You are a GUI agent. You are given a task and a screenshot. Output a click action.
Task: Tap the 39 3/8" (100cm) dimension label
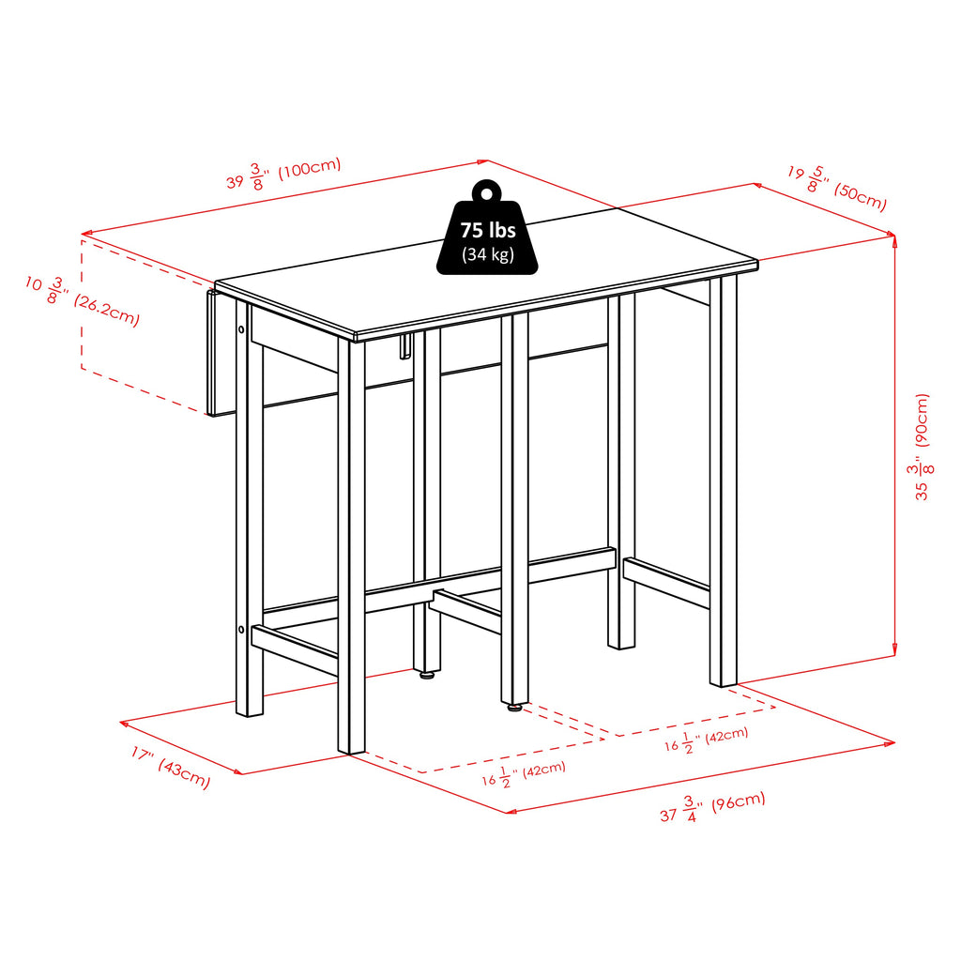click(283, 174)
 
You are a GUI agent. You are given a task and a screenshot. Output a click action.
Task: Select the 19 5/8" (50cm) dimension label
click(837, 188)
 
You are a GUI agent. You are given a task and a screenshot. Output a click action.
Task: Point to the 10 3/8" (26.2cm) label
click(83, 300)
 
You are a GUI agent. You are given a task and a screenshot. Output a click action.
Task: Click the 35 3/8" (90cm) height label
click(922, 447)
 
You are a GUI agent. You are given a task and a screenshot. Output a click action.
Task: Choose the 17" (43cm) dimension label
click(171, 766)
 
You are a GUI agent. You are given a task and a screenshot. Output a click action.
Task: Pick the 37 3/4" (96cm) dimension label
click(713, 806)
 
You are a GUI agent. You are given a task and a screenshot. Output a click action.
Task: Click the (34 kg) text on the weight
click(488, 253)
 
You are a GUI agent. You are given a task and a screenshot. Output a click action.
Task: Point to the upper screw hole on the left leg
click(241, 329)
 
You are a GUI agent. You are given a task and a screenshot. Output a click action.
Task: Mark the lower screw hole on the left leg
click(241, 630)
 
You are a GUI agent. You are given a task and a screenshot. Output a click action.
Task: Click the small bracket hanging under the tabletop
click(405, 347)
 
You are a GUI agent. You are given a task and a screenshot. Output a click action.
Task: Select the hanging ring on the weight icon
click(487, 192)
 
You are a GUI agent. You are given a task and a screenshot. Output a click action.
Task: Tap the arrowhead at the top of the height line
click(894, 239)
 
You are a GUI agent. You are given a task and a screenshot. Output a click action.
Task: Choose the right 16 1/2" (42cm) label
click(706, 739)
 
